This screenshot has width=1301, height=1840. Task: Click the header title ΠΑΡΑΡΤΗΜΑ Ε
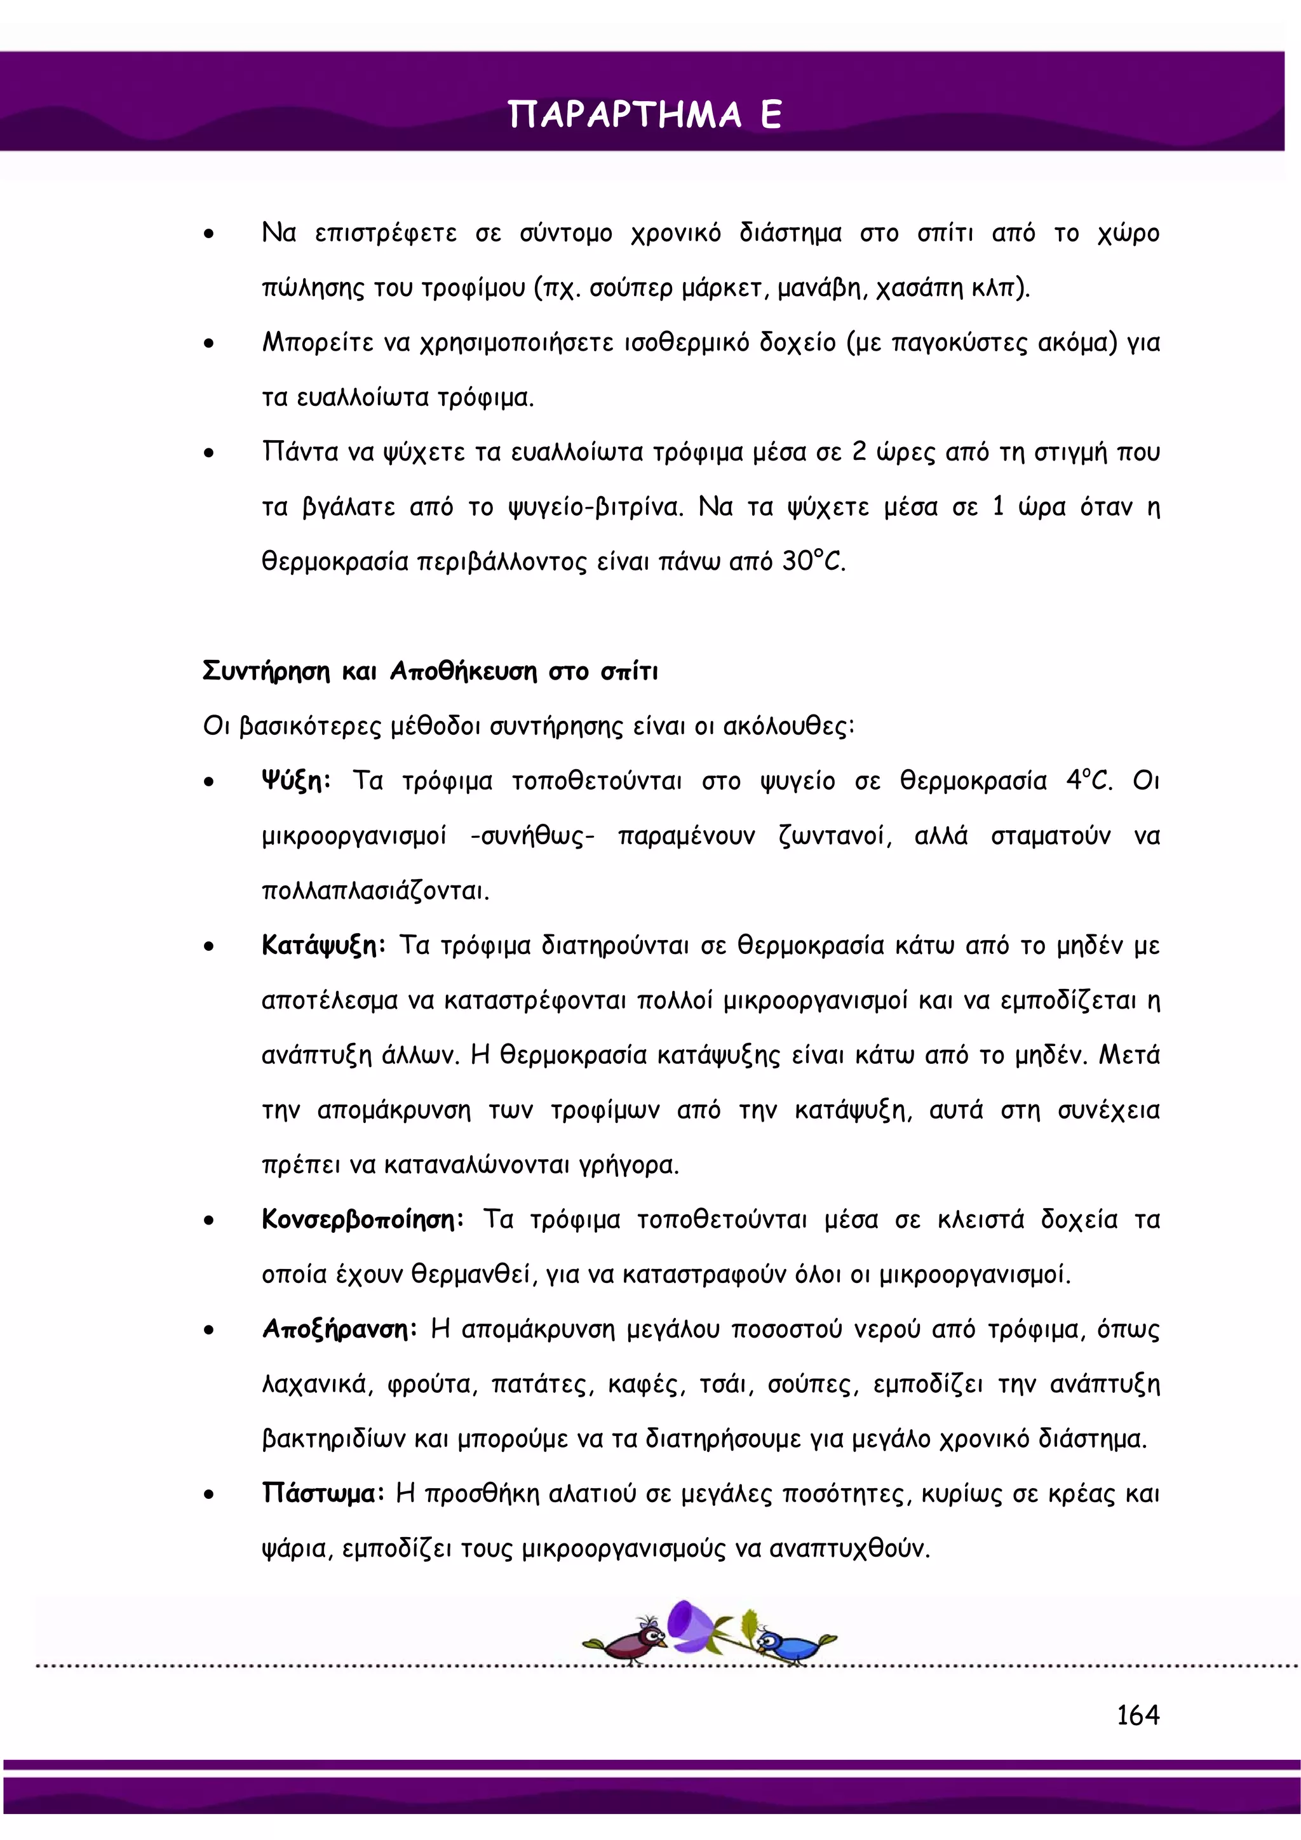point(645,114)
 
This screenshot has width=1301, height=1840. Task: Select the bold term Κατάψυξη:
point(324,946)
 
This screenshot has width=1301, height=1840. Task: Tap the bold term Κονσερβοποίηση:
point(362,1219)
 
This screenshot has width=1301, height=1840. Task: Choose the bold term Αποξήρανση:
point(339,1329)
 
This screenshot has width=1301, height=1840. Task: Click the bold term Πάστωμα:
point(323,1494)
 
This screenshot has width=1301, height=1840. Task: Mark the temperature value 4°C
point(1088,781)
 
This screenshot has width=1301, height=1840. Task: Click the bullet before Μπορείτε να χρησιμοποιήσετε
point(208,344)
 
